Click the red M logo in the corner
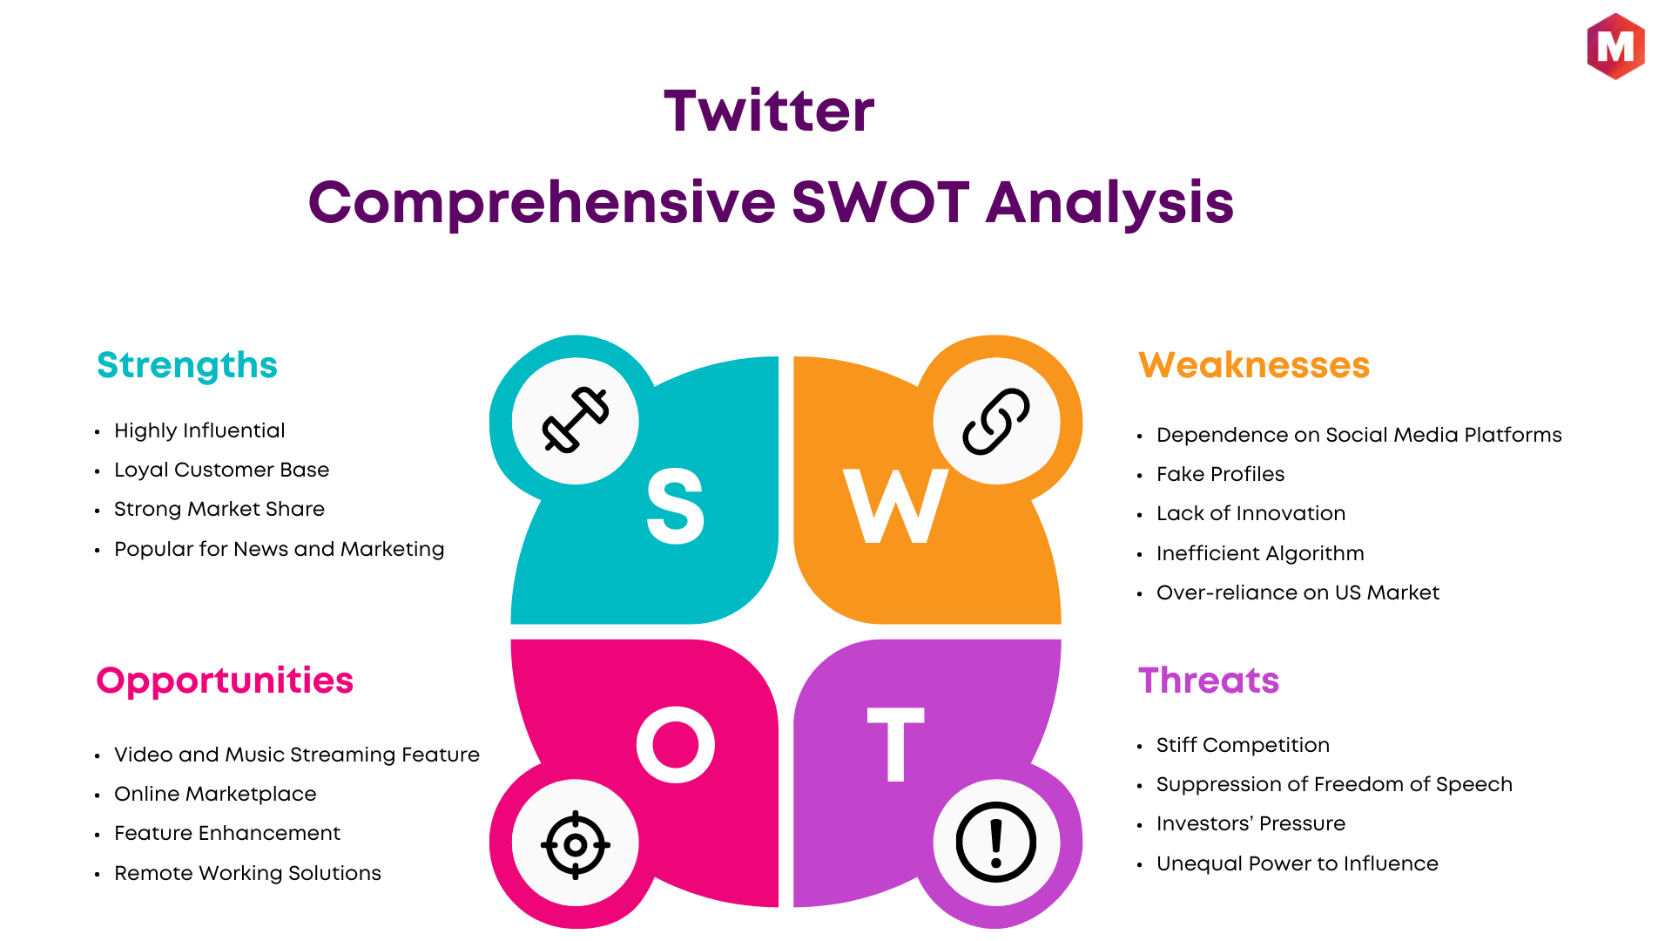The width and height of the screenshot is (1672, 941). point(1615,46)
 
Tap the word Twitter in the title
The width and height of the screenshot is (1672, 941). point(769,112)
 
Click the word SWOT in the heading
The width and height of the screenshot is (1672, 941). point(880,202)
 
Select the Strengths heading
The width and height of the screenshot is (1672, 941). point(187,366)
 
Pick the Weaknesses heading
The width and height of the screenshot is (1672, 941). point(1254,365)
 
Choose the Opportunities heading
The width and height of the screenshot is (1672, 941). point(225,681)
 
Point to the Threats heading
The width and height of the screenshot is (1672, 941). point(1209,680)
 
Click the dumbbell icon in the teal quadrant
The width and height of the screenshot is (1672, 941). point(576,420)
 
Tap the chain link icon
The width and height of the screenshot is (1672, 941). point(996,422)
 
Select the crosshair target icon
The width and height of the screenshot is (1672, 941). point(576,844)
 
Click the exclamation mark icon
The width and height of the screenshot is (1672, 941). point(996,843)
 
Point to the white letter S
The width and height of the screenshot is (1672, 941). point(676,506)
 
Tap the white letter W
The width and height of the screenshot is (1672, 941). point(895,506)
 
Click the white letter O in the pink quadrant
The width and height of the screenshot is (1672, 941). point(676,745)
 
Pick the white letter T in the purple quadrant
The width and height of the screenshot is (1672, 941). point(895,744)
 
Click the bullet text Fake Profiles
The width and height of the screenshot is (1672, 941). point(1220,474)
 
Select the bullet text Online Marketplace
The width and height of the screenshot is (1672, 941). point(215,794)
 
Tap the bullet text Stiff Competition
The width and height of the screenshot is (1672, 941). point(1243,745)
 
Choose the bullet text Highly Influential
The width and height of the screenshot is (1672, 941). point(199,430)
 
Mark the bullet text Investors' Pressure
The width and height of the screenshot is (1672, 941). point(1251,823)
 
